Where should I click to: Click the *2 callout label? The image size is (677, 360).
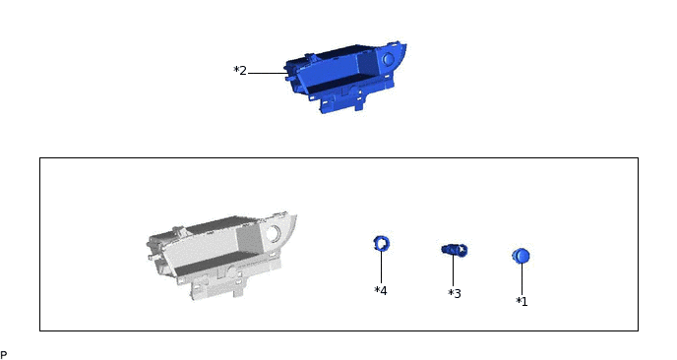click(240, 71)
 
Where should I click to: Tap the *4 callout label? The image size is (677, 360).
click(381, 290)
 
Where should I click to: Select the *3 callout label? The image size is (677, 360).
click(455, 293)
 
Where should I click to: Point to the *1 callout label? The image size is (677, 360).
click(522, 301)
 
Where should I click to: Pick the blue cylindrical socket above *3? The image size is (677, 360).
click(455, 250)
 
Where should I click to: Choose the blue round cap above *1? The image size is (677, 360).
click(521, 256)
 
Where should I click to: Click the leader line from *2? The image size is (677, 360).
click(268, 73)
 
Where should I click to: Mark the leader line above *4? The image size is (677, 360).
click(381, 267)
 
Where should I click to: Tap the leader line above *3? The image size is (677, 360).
click(453, 270)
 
